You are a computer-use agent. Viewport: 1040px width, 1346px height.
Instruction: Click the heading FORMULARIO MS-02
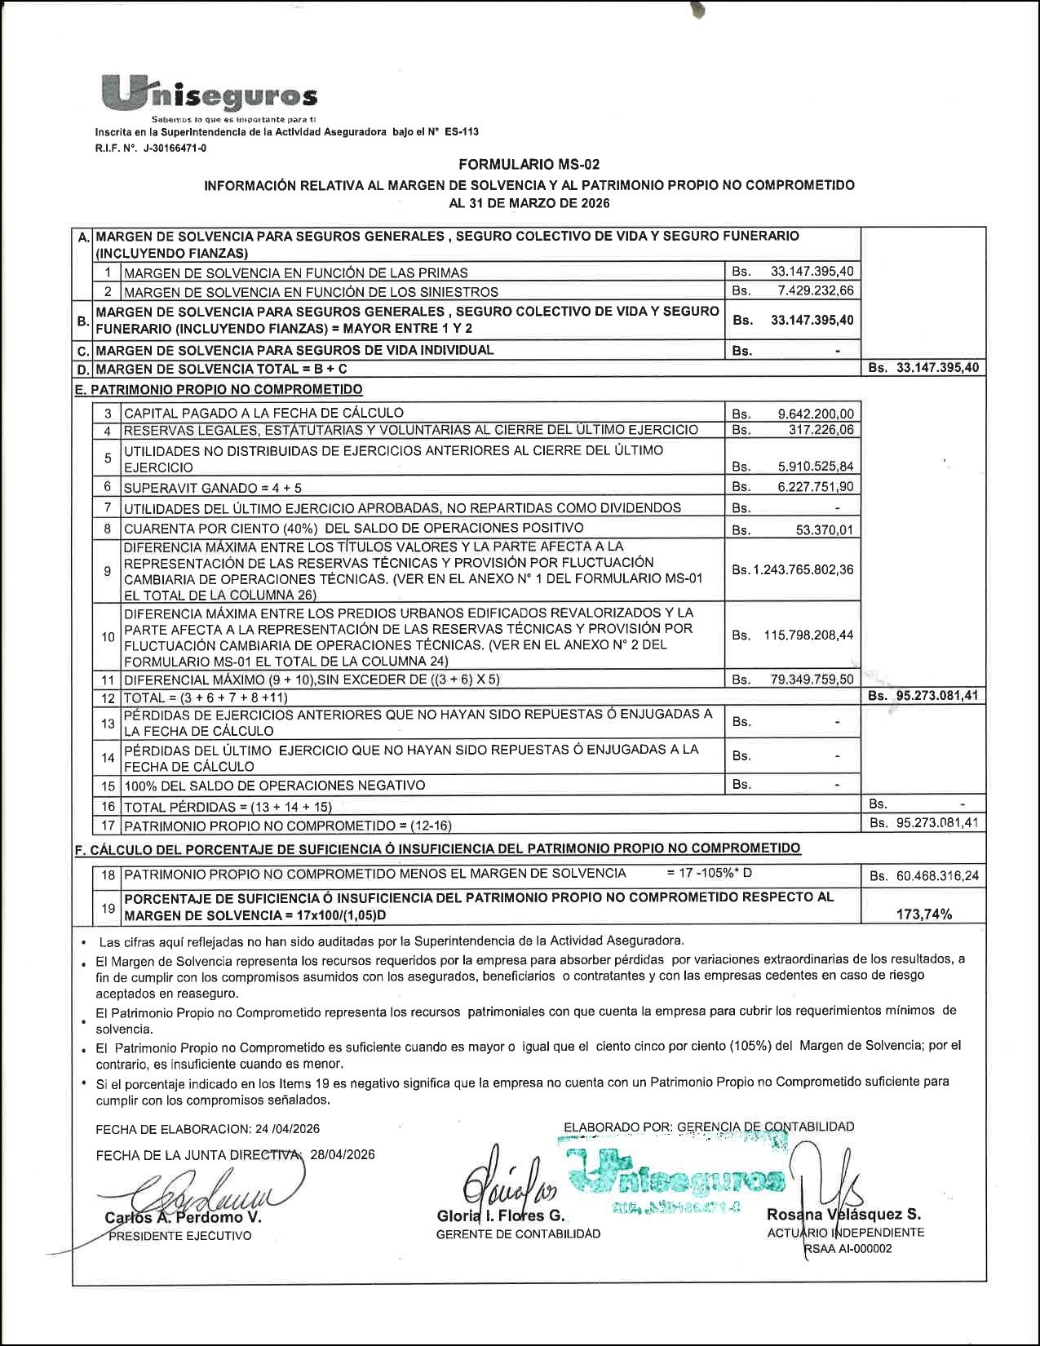[x=529, y=165]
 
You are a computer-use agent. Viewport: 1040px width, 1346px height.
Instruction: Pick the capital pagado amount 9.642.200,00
[x=816, y=414]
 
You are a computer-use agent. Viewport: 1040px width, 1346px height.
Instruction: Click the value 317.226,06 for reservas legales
[x=821, y=430]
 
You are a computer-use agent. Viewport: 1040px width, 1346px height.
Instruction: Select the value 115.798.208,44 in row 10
[x=808, y=635]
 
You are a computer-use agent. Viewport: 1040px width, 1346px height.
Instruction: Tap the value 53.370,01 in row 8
[x=825, y=530]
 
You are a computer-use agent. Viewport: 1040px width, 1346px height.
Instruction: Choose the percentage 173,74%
[x=924, y=914]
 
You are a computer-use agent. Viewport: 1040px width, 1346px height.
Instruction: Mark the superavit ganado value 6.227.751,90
[x=816, y=487]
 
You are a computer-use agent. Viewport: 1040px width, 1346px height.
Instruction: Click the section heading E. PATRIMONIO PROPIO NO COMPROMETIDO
[x=219, y=389]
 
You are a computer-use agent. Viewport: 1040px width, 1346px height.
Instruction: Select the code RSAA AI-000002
[x=847, y=1248]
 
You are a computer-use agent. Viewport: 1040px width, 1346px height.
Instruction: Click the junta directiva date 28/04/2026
[x=343, y=1154]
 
